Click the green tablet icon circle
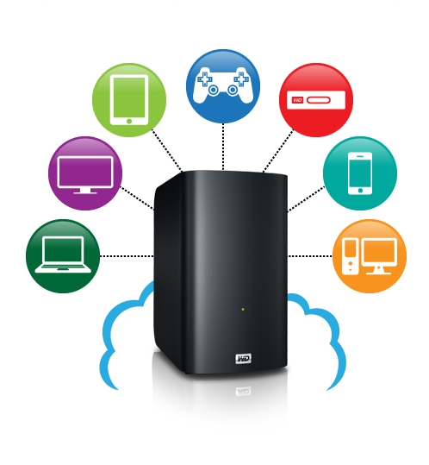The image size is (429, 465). click(x=129, y=100)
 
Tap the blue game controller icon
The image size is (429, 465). click(x=223, y=86)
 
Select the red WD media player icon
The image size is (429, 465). click(x=316, y=100)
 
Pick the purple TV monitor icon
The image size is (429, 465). click(x=85, y=173)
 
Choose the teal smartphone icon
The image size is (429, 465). click(x=360, y=173)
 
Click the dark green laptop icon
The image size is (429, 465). click(x=63, y=256)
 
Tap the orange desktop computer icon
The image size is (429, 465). click(x=370, y=256)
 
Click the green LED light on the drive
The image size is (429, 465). click(x=243, y=310)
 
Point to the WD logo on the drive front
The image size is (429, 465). click(x=244, y=358)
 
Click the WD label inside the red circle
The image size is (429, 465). click(x=297, y=100)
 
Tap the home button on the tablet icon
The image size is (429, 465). click(x=129, y=121)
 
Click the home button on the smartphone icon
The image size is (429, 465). click(x=360, y=190)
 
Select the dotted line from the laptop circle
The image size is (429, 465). click(x=127, y=256)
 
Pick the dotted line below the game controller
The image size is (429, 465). click(x=223, y=147)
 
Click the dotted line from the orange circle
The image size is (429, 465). click(x=310, y=256)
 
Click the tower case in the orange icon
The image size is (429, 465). click(x=351, y=256)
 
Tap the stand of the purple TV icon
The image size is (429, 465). click(x=85, y=191)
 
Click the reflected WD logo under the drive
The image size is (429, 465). click(x=244, y=392)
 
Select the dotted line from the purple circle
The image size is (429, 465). click(x=137, y=198)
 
